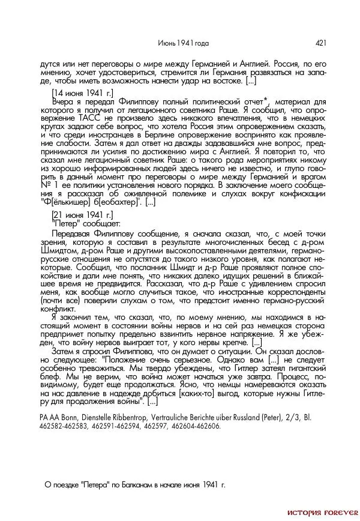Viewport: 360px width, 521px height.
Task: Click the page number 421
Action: (320, 43)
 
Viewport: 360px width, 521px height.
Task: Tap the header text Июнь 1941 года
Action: (183, 43)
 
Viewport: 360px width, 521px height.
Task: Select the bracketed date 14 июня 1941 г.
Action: (82, 94)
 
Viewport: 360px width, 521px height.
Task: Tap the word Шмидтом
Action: (58, 253)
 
